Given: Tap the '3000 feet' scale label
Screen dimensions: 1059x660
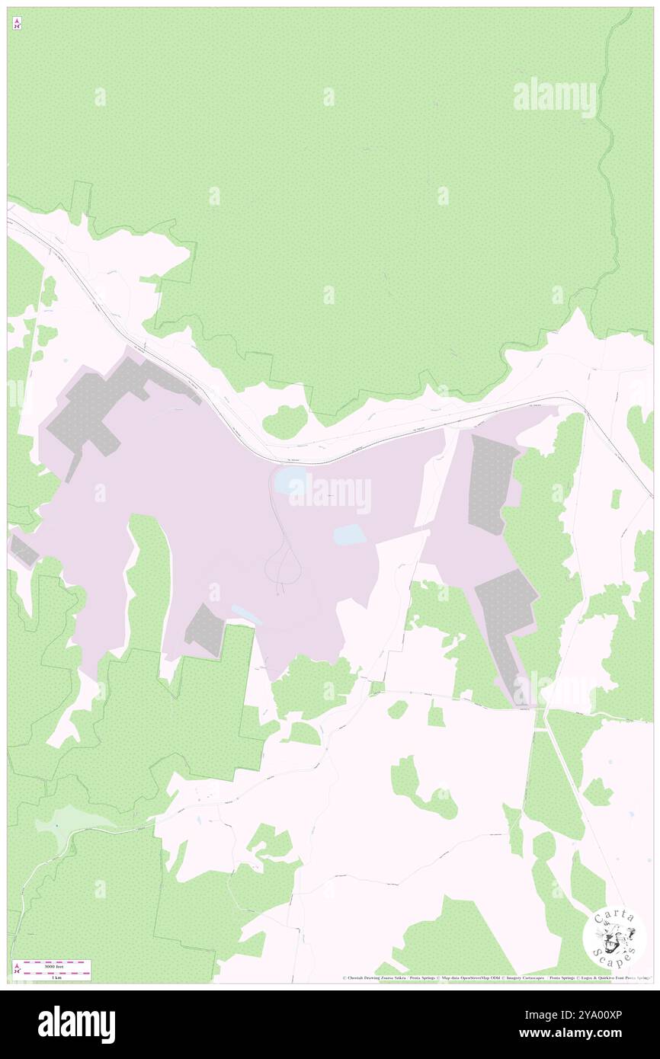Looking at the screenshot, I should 52,965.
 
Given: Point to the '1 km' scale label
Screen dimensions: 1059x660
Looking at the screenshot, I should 52,977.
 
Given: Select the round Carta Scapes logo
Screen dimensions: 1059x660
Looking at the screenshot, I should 614,936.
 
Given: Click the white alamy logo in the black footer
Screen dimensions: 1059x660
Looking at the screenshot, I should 76,1024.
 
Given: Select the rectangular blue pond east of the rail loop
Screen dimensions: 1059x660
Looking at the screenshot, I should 349,536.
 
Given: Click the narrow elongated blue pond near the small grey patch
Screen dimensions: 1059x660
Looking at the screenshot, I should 246,615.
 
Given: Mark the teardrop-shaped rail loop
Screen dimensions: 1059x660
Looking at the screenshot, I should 282,565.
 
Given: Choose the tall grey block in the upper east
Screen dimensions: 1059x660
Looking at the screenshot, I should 492,482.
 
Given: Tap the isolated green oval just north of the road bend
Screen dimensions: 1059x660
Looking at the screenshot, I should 284,421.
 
